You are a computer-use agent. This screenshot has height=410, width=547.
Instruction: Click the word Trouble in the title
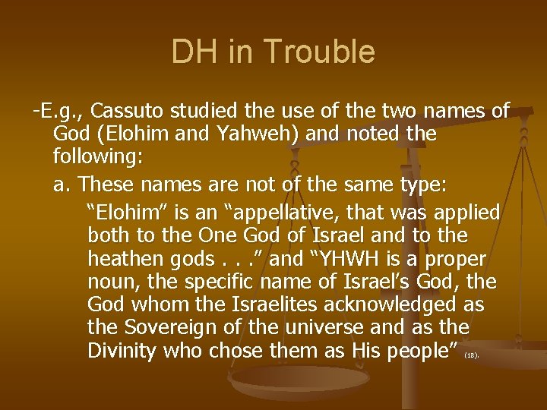point(325,52)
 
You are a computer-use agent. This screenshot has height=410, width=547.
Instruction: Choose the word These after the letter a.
point(109,183)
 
